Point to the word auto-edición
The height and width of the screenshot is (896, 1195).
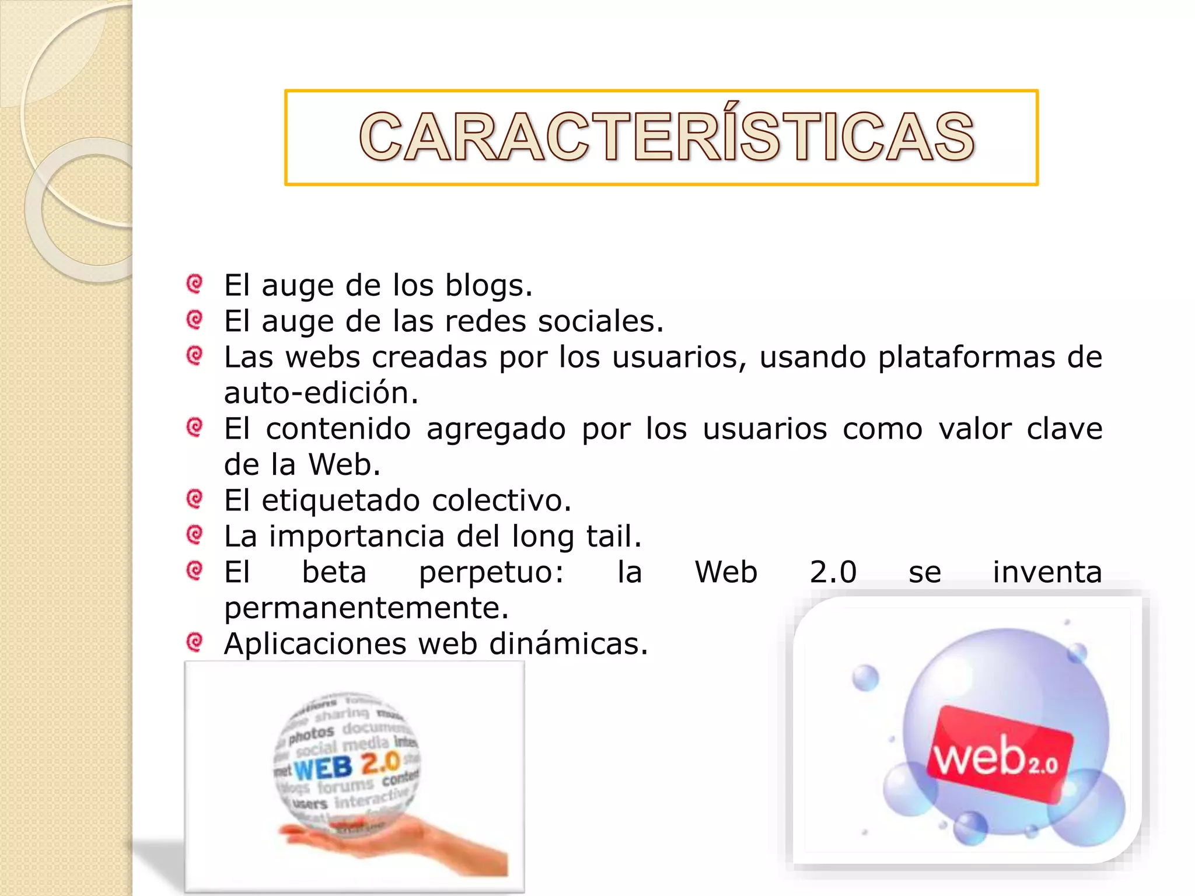pos(321,393)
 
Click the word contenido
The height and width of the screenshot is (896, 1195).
pos(338,429)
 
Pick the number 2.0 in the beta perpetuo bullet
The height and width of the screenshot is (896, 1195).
pos(833,572)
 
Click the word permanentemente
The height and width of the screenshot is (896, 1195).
pos(366,608)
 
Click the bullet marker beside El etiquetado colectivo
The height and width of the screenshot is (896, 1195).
pos(194,499)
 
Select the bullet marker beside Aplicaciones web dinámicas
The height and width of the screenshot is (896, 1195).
pos(194,642)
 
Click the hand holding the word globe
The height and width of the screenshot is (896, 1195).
pos(397,846)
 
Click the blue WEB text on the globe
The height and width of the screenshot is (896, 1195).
pos(323,768)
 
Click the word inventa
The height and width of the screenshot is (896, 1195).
pos(1047,572)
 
